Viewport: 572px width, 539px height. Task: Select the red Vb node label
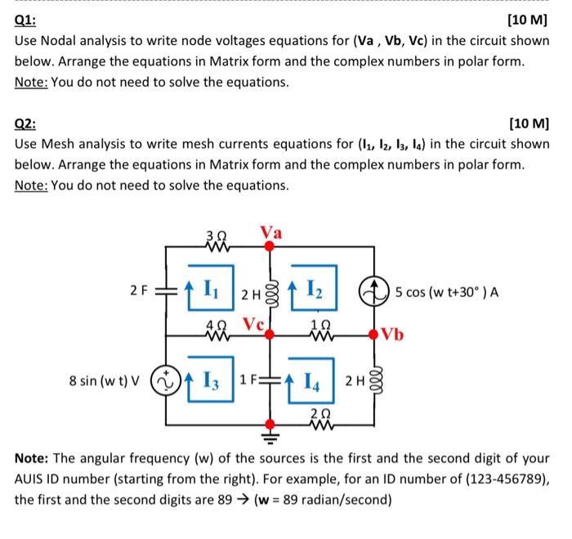pyautogui.click(x=393, y=335)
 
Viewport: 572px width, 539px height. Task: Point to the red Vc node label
pyautogui.click(x=252, y=322)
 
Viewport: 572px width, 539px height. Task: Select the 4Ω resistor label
pyautogui.click(x=214, y=322)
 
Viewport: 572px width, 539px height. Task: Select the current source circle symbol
pyautogui.click(x=375, y=289)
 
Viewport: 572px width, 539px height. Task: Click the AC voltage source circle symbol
pyautogui.click(x=167, y=380)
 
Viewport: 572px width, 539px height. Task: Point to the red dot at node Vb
pyautogui.click(x=375, y=334)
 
